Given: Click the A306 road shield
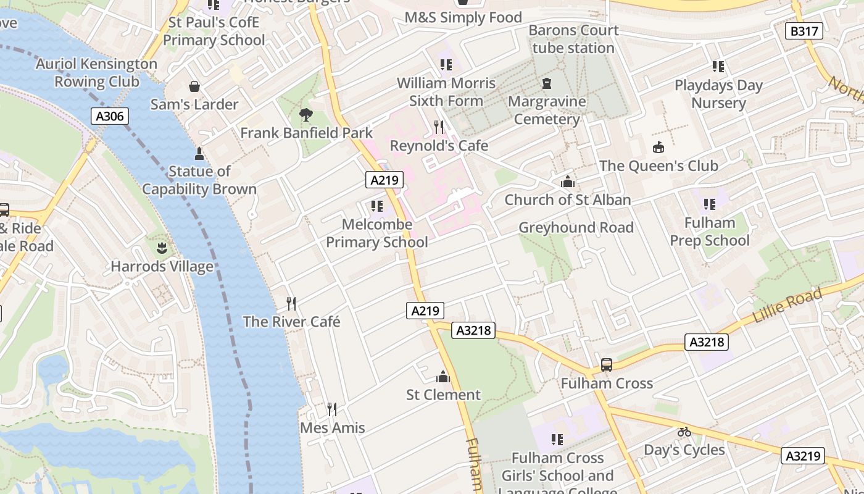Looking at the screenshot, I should click(x=110, y=116).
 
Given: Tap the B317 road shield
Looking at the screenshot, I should click(x=804, y=31).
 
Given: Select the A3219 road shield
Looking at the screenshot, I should click(x=803, y=456).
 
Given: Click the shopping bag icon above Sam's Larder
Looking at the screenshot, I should click(x=194, y=86).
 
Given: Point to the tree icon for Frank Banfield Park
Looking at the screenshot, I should click(x=305, y=114).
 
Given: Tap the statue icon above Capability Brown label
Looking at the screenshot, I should click(x=199, y=153).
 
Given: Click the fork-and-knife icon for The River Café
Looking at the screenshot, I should click(x=291, y=303).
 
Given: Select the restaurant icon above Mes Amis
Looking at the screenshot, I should click(x=332, y=409).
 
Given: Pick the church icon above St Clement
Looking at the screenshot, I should click(x=442, y=377).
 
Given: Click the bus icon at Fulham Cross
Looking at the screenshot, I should click(x=607, y=365).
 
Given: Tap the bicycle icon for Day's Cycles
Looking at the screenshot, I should click(x=684, y=432).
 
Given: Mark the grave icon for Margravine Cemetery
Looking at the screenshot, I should click(x=546, y=83).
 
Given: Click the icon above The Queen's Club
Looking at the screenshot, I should click(x=658, y=148).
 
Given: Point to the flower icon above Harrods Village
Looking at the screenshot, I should click(x=162, y=248).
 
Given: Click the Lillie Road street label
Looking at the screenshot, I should click(x=787, y=306).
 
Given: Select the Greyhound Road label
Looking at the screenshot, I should click(x=576, y=227).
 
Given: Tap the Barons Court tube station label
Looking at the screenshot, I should click(x=573, y=39).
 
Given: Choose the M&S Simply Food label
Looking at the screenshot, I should click(x=463, y=17).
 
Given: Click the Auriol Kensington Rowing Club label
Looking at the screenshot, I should click(x=97, y=72).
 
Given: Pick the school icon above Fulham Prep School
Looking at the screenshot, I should click(x=710, y=204).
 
